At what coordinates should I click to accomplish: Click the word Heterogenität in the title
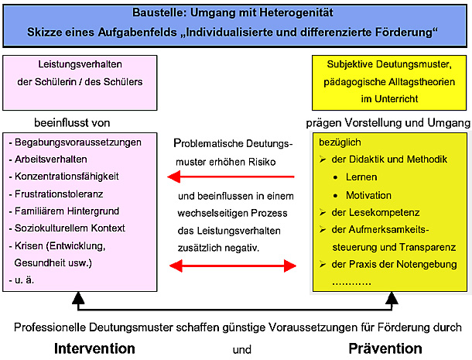(296, 12)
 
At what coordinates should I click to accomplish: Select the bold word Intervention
(94, 348)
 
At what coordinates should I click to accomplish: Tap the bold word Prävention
(385, 348)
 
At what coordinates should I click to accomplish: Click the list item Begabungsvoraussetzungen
(78, 142)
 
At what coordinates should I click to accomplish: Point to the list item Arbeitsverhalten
(51, 159)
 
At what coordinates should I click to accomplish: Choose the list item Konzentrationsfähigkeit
(67, 177)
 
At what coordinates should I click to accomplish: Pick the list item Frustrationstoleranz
(59, 194)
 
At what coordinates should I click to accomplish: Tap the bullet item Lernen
(361, 177)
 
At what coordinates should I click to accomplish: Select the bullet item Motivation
(369, 195)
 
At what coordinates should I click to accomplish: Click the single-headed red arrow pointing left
(231, 177)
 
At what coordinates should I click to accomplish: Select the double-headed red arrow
(233, 266)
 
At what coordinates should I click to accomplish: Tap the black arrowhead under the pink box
(78, 298)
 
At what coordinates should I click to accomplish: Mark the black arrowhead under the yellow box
(392, 298)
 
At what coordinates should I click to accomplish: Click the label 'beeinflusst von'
(72, 123)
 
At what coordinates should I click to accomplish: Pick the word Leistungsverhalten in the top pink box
(80, 64)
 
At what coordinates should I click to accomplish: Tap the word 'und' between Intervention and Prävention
(242, 350)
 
